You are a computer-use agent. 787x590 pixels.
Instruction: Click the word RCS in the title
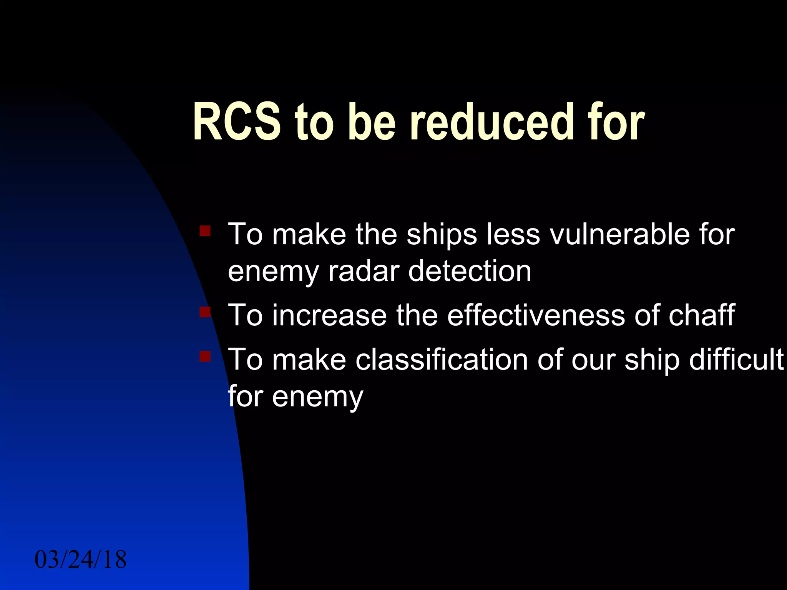pos(237,122)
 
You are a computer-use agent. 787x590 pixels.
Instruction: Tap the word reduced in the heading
pos(492,122)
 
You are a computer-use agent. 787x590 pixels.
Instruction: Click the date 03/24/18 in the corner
pos(81,560)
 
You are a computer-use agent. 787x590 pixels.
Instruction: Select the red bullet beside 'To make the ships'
pos(205,231)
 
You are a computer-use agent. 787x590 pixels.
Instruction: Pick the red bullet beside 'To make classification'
pos(205,356)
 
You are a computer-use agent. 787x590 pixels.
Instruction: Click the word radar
pos(364,271)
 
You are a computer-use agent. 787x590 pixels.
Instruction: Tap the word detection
pos(470,271)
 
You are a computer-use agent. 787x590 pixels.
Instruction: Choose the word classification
pos(442,360)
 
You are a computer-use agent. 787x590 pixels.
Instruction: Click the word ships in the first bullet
pos(442,235)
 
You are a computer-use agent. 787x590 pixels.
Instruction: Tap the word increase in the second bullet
pos(329,315)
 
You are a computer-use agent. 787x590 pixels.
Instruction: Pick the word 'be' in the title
pos(371,122)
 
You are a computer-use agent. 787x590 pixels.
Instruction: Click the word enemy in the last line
pos(317,398)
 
